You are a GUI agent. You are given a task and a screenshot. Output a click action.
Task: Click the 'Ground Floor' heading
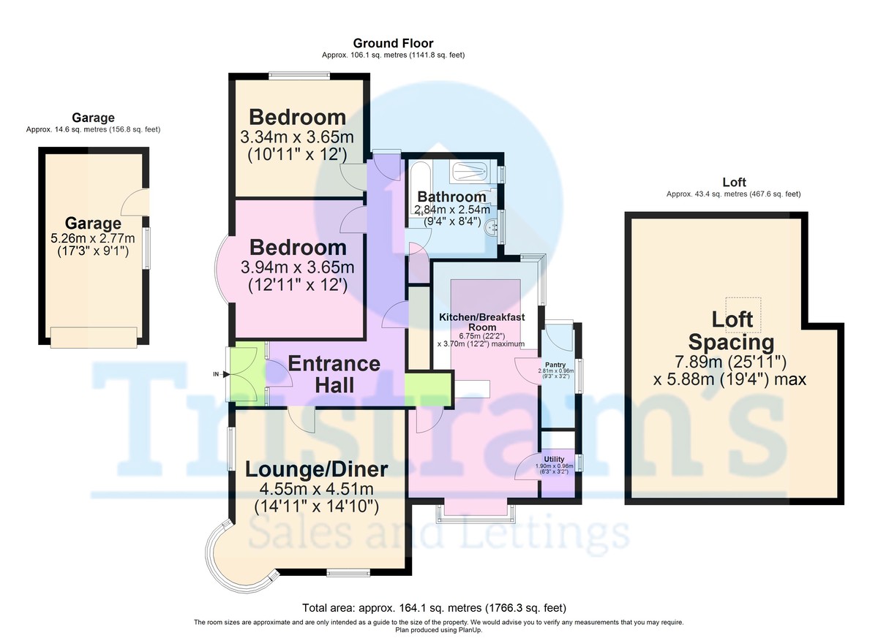click(393, 44)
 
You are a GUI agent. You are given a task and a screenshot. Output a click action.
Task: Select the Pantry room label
click(555, 363)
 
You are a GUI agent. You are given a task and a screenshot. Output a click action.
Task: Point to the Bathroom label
click(451, 197)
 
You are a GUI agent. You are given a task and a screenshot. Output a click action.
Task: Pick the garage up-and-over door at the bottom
click(93, 337)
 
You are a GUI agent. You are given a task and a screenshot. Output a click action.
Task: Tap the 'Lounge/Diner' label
click(316, 468)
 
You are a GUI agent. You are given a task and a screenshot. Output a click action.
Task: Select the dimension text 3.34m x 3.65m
click(297, 137)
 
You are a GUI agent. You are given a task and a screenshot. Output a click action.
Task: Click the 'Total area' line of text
click(435, 608)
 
